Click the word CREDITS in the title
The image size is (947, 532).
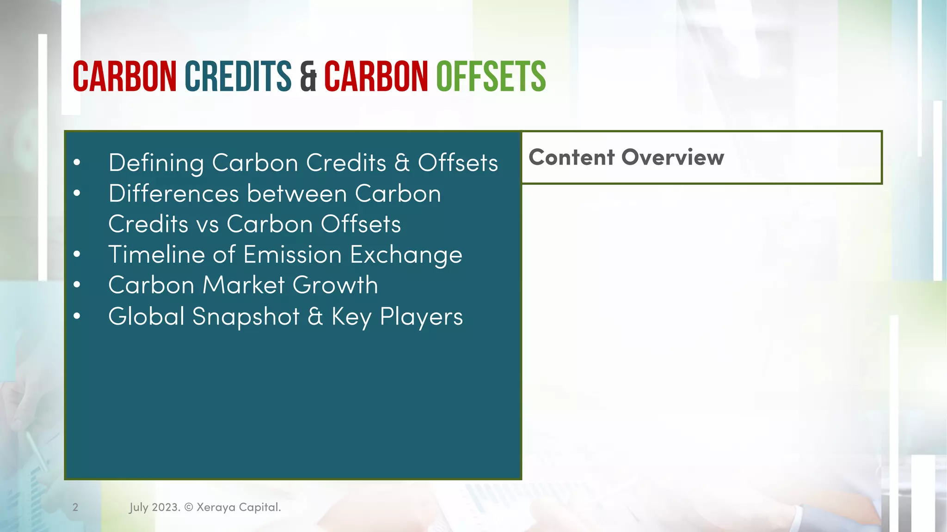pyautogui.click(x=238, y=76)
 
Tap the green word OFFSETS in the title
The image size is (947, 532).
pyautogui.click(x=491, y=76)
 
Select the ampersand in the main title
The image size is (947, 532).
pyautogui.click(x=308, y=77)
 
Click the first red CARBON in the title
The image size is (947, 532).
pyautogui.click(x=124, y=76)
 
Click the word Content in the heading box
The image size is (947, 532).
pyautogui.click(x=572, y=157)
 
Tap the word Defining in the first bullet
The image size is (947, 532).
pyautogui.click(x=156, y=163)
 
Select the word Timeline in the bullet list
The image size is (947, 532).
pyautogui.click(x=156, y=254)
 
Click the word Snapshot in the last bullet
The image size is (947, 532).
pyautogui.click(x=246, y=317)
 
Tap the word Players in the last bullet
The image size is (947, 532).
pyautogui.click(x=421, y=317)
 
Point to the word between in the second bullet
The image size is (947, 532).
pyautogui.click(x=296, y=193)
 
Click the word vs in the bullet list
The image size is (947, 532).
pyautogui.click(x=207, y=224)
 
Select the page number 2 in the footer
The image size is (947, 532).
pyautogui.click(x=75, y=507)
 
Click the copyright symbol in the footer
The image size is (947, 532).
pyautogui.click(x=189, y=507)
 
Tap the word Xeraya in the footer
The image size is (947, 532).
pyautogui.click(x=215, y=507)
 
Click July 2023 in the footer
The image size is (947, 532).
pyautogui.click(x=154, y=507)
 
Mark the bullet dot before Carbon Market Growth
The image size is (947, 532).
pyautogui.click(x=77, y=285)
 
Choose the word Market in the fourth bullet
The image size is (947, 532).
pyautogui.click(x=243, y=285)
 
